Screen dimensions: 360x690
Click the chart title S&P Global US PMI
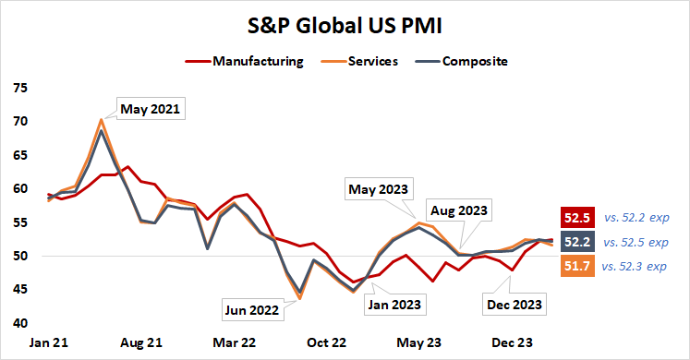click(x=344, y=25)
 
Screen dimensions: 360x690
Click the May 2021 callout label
click(x=151, y=109)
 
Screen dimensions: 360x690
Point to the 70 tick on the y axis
click(x=20, y=122)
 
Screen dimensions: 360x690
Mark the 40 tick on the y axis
click(x=20, y=323)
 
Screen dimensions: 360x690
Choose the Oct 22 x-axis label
click(x=326, y=342)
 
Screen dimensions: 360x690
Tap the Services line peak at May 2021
click(x=101, y=119)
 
